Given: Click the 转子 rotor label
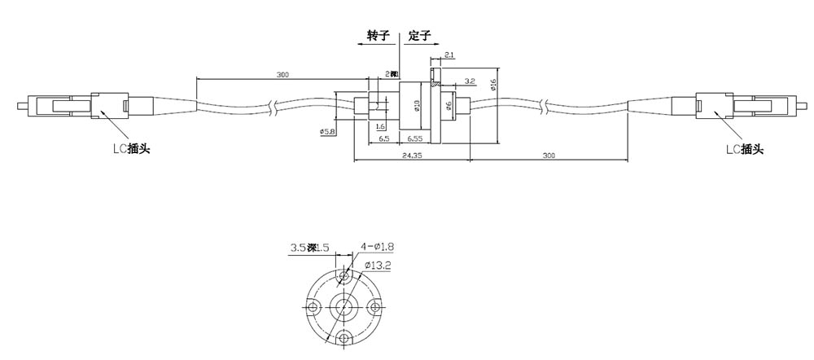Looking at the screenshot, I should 379,37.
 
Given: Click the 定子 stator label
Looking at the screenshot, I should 418,37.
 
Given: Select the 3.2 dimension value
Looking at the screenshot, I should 470,81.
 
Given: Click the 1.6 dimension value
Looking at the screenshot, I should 381,127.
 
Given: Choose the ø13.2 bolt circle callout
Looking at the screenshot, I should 379,265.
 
